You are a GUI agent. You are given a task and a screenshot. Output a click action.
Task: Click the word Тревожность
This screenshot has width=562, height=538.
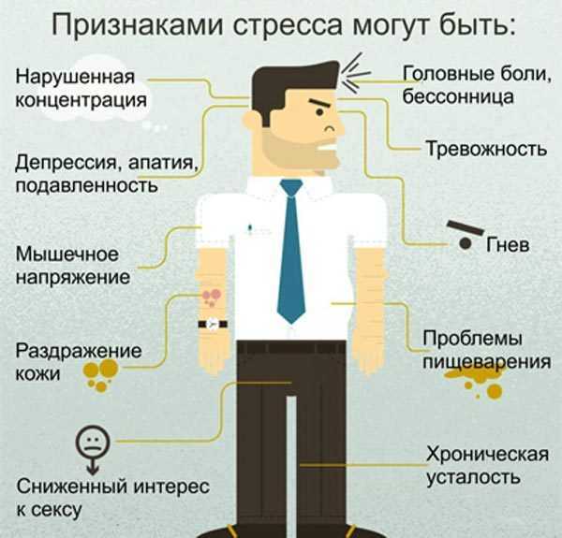pyautogui.click(x=485, y=149)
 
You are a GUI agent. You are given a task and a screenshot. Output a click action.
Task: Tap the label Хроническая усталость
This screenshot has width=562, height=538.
pyautogui.click(x=484, y=466)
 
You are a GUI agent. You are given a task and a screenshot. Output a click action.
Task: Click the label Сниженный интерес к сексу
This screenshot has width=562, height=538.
pyautogui.click(x=111, y=498)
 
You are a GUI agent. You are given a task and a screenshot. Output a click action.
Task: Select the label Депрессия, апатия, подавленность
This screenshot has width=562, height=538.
pyautogui.click(x=105, y=173)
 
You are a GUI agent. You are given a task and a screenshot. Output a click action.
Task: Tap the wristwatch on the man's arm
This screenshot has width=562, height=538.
pyautogui.click(x=213, y=324)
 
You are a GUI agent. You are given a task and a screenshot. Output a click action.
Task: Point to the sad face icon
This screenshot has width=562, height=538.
pyautogui.click(x=89, y=442)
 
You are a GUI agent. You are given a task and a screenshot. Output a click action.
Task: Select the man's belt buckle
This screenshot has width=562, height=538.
pyautogui.click(x=291, y=348)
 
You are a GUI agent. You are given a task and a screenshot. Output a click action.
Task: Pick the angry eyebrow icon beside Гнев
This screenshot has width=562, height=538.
pyautogui.click(x=464, y=229)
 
